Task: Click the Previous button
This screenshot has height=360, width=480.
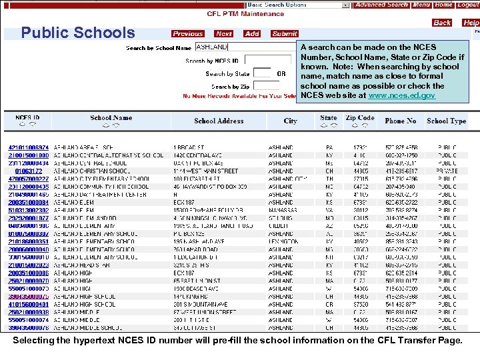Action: click(x=187, y=33)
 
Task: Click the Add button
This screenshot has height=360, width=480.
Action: click(x=252, y=33)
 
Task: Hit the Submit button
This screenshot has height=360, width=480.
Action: click(x=285, y=33)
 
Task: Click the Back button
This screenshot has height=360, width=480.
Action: click(x=442, y=23)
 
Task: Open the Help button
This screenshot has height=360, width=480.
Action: click(x=471, y=23)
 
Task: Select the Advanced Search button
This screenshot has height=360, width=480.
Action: click(x=381, y=5)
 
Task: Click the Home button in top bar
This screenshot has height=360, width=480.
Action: click(x=443, y=5)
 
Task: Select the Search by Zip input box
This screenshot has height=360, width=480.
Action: click(x=266, y=86)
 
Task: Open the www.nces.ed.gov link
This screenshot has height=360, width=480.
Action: click(x=401, y=95)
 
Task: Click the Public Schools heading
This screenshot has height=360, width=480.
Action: click(x=78, y=33)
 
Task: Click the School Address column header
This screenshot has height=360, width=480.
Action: click(x=219, y=121)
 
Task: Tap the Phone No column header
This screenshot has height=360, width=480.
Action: click(x=400, y=121)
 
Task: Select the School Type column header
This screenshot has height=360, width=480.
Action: click(x=446, y=121)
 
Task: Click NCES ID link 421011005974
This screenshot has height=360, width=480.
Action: click(x=28, y=147)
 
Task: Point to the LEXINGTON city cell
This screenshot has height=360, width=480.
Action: click(x=281, y=241)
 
